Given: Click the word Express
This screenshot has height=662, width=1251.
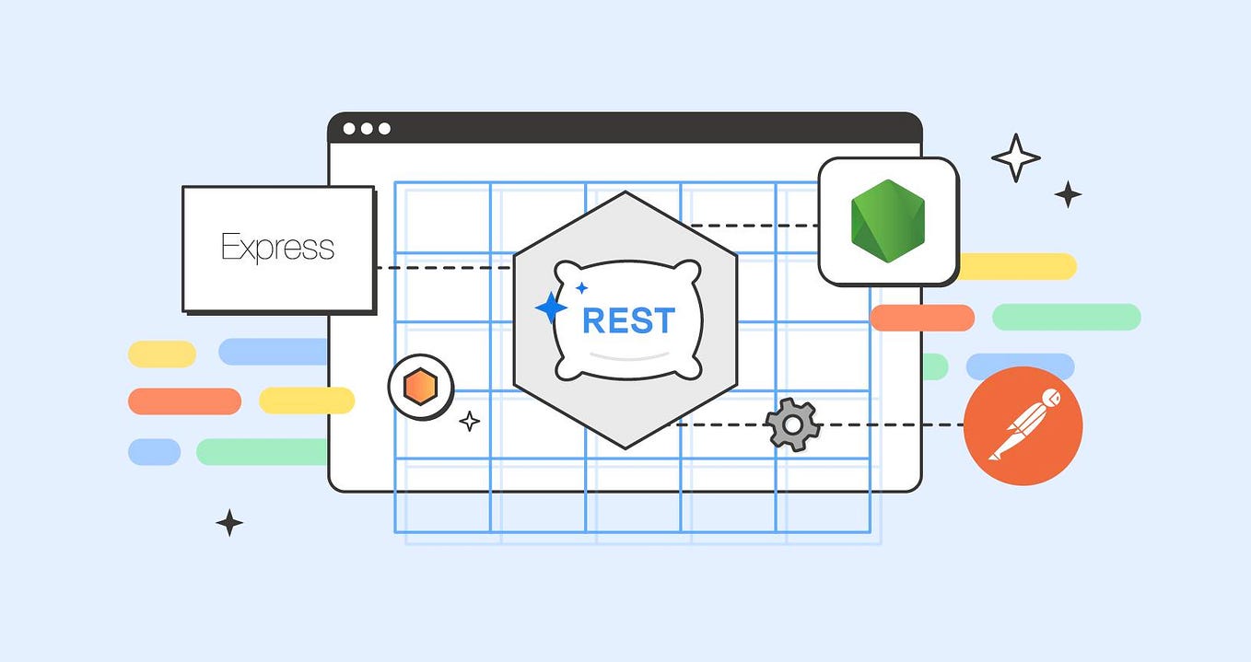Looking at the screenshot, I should tap(277, 248).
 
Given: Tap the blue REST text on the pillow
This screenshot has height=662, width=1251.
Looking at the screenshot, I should tap(628, 320).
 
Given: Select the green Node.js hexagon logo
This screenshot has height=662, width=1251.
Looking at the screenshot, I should tap(887, 220).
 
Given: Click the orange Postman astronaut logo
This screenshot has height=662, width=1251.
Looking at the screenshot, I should tap(1023, 425).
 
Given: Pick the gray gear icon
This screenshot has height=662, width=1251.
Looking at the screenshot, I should tap(792, 424).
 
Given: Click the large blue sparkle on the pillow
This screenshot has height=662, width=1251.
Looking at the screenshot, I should tap(551, 308).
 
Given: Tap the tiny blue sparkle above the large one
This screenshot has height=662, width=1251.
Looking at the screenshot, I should tap(581, 288).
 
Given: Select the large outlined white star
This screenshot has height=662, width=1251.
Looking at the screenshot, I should tap(1015, 157).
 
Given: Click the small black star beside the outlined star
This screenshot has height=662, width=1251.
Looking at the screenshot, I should tap(1068, 194).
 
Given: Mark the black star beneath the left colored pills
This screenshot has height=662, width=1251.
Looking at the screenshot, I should tap(229, 523).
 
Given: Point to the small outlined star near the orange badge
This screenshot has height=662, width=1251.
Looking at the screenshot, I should tap(470, 422).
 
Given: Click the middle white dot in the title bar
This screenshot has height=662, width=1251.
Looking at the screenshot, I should tap(367, 129).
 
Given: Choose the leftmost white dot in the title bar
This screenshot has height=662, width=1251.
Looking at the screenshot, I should tap(349, 129).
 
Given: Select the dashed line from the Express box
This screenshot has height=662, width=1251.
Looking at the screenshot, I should tap(442, 268).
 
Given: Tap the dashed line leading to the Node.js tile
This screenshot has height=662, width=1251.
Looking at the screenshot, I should tap(755, 226).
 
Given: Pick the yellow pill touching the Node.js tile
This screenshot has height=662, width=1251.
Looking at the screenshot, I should tap(1018, 266).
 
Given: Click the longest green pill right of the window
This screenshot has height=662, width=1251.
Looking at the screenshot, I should tap(1066, 317).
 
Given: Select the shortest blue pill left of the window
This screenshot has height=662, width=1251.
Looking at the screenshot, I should tap(154, 451).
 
